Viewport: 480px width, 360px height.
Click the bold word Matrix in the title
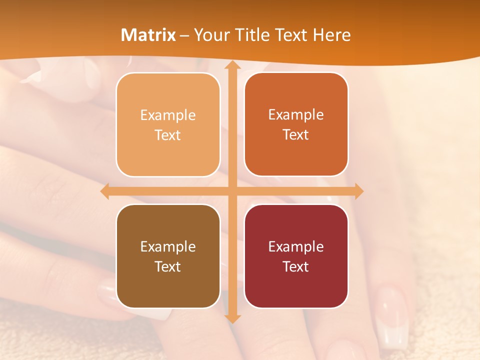pyautogui.click(x=148, y=35)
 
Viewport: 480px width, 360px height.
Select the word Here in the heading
pyautogui.click(x=331, y=35)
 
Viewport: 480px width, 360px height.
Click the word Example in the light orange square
pyautogui.click(x=168, y=115)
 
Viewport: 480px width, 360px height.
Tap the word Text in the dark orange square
pyautogui.click(x=296, y=135)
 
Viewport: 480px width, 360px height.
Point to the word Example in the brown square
pyautogui.click(x=168, y=247)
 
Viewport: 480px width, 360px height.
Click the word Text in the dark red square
pyautogui.click(x=296, y=266)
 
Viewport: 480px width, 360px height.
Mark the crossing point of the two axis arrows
pyautogui.click(x=232, y=191)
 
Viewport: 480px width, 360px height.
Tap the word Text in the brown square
pyautogui.click(x=168, y=266)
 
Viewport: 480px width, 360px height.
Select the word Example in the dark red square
pyautogui.click(x=296, y=247)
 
